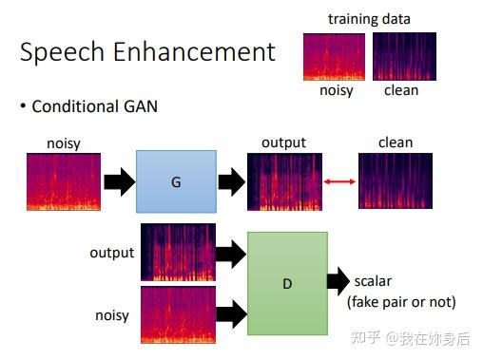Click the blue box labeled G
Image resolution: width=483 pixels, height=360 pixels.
(x=175, y=180)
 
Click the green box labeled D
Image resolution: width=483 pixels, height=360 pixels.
(x=286, y=282)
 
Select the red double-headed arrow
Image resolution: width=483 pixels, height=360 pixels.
(x=334, y=180)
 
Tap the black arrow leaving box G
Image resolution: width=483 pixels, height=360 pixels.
(x=231, y=180)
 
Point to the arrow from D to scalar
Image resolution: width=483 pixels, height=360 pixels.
(x=338, y=282)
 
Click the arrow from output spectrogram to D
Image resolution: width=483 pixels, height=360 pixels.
(x=231, y=253)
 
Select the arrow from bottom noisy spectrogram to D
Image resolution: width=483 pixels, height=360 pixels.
(x=231, y=313)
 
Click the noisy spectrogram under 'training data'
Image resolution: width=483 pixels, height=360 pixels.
(x=334, y=56)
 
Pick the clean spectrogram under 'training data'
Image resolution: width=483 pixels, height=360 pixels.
(x=403, y=56)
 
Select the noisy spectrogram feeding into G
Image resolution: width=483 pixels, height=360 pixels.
(x=63, y=181)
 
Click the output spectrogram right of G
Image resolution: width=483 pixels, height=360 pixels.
(x=283, y=181)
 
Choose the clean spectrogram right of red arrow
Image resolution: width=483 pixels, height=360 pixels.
(x=396, y=181)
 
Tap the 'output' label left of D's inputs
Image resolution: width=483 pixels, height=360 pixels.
(x=111, y=253)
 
